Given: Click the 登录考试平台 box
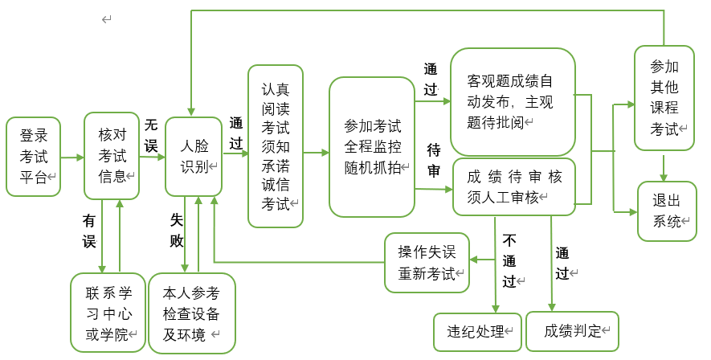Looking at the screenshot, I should [33, 156].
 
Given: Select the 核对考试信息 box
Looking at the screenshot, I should [112, 156].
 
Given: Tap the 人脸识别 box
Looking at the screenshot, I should [194, 156].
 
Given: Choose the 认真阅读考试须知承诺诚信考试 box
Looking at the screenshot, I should [276, 145].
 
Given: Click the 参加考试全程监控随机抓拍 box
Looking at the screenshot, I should [372, 147].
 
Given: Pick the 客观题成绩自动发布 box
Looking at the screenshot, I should [513, 101].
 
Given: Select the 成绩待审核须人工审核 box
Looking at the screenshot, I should [513, 187].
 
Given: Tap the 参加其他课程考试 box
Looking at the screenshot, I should [664, 97].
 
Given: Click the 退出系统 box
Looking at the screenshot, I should [667, 211].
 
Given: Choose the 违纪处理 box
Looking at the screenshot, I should [478, 331].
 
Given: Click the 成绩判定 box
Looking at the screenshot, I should [573, 331].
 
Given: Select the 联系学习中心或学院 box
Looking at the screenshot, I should [108, 313].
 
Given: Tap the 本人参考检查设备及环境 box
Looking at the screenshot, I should [191, 313].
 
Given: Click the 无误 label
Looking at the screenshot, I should [151, 135].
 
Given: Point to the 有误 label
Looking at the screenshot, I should [89, 230].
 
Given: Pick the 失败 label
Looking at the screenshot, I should [177, 230].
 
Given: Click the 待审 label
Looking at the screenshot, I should [433, 160].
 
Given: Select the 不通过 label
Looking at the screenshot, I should [510, 260].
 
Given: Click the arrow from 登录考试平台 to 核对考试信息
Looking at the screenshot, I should [72, 156].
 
